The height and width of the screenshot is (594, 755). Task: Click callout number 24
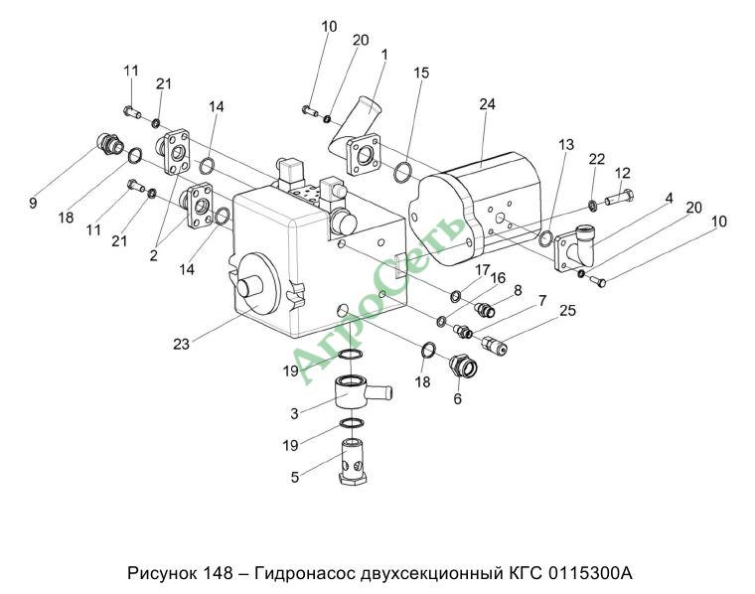pyautogui.click(x=486, y=104)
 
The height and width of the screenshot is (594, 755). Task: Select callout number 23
pyautogui.click(x=181, y=346)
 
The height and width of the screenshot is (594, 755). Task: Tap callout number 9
pyautogui.click(x=33, y=203)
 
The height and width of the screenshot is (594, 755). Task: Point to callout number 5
pyautogui.click(x=295, y=477)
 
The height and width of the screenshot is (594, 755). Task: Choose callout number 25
pyautogui.click(x=567, y=311)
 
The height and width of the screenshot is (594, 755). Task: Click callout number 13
pyautogui.click(x=565, y=145)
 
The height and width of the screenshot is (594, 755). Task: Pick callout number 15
pyautogui.click(x=421, y=73)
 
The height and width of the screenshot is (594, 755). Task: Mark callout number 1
pyautogui.click(x=383, y=54)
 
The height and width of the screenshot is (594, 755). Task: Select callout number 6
pyautogui.click(x=457, y=398)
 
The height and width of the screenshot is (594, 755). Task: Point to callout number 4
pyautogui.click(x=669, y=199)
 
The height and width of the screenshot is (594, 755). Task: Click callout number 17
pyautogui.click(x=483, y=269)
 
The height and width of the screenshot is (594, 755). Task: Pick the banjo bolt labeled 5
pyautogui.click(x=354, y=466)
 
